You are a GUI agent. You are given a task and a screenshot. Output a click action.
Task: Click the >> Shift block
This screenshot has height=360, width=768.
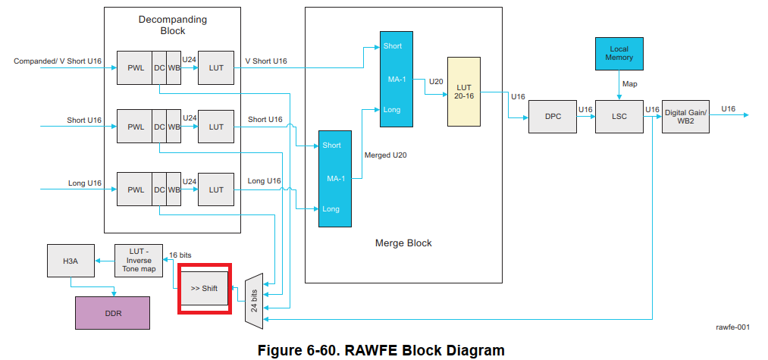pyautogui.click(x=204, y=289)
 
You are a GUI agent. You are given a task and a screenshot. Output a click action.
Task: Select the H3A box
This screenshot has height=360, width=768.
pyautogui.click(x=70, y=261)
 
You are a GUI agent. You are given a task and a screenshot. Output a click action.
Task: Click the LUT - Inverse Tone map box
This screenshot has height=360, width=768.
pyautogui.click(x=139, y=261)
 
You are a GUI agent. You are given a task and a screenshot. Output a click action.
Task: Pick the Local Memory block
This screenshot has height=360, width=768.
pyautogui.click(x=619, y=54)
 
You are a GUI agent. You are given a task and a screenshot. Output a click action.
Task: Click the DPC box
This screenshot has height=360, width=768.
pyautogui.click(x=553, y=116)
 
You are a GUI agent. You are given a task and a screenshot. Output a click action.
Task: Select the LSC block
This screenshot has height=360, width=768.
pyautogui.click(x=619, y=116)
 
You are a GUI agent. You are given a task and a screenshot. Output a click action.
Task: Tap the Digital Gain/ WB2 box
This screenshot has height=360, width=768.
pyautogui.click(x=686, y=116)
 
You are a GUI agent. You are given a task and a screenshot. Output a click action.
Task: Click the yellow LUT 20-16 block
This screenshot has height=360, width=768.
pyautogui.click(x=463, y=91)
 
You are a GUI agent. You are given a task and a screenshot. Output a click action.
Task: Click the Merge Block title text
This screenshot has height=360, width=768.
pyautogui.click(x=403, y=243)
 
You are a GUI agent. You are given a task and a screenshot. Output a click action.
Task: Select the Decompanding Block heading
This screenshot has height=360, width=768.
pyautogui.click(x=172, y=24)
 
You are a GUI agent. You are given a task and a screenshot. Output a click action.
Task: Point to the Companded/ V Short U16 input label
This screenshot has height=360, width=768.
pyautogui.click(x=58, y=61)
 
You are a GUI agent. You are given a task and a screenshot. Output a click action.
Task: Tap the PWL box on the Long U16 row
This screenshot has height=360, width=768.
pyautogui.click(x=136, y=189)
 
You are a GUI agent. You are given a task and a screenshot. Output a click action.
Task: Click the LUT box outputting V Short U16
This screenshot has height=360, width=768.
pyautogui.click(x=216, y=67)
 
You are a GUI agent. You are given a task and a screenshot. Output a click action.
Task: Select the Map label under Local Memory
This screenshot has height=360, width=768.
pyautogui.click(x=630, y=83)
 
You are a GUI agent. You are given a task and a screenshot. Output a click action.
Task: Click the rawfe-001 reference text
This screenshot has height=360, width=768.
pyautogui.click(x=732, y=327)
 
